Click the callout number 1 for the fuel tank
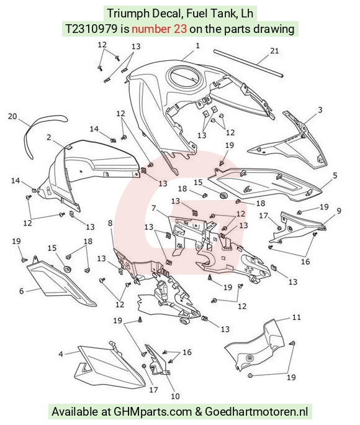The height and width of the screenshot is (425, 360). point(197,45)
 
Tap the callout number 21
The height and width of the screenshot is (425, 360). point(274,51)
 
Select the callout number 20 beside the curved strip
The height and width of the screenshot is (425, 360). point(12,116)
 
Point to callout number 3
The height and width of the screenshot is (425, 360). point(320,110)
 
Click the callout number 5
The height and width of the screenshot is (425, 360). point(335,175)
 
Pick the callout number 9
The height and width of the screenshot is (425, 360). point(339,211)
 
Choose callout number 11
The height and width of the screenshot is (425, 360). point(297,317)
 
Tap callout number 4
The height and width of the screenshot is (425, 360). point(61,354)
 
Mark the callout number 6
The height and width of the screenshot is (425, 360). point(21,291)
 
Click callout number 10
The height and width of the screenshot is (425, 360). point(175,396)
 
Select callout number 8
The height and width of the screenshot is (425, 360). point(110,223)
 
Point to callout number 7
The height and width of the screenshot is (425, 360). point(154,208)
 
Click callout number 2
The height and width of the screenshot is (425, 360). point(48,137)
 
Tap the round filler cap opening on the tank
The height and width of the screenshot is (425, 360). point(185,75)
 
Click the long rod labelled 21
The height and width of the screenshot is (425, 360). point(248,63)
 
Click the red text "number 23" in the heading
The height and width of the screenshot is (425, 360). point(159,29)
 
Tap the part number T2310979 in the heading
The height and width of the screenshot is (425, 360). point(91,29)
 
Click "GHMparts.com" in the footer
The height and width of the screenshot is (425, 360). point(153,411)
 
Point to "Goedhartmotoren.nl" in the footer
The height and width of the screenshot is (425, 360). point(256,411)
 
